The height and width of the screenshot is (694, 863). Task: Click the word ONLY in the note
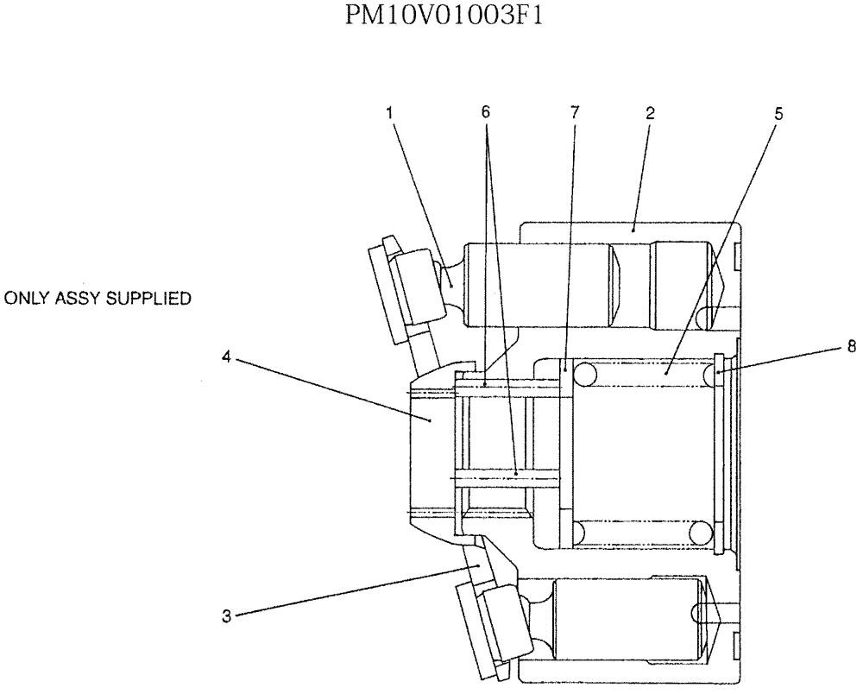coord(24,300)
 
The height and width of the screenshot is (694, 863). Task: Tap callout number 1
coord(389,112)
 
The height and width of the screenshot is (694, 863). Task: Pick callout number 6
coord(486,112)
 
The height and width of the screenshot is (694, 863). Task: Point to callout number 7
coord(576,112)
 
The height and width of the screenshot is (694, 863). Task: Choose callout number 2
coord(650,112)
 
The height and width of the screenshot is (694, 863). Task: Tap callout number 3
coord(226,616)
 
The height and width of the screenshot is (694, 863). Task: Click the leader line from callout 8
coord(785,357)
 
